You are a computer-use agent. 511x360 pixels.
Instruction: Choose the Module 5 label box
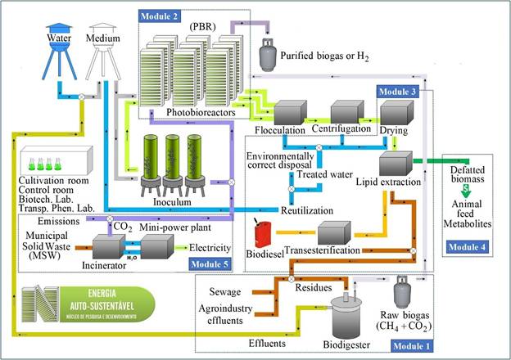[209, 263]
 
